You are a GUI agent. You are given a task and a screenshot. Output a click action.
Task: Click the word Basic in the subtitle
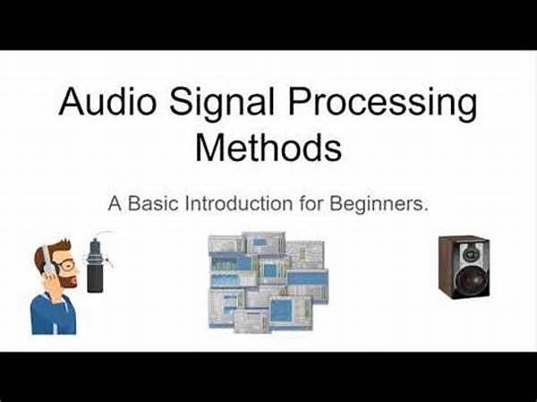tap(153, 203)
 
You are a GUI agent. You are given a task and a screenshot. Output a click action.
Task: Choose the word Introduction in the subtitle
tap(239, 203)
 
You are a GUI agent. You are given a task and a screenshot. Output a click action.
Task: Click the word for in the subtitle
tap(311, 203)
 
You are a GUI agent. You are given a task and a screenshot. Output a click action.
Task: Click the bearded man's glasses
tap(68, 265)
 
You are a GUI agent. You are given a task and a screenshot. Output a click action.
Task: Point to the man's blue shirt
tap(53, 314)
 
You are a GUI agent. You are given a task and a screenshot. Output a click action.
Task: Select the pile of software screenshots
tap(268, 282)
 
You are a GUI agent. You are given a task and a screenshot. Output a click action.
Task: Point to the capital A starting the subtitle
tap(115, 203)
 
